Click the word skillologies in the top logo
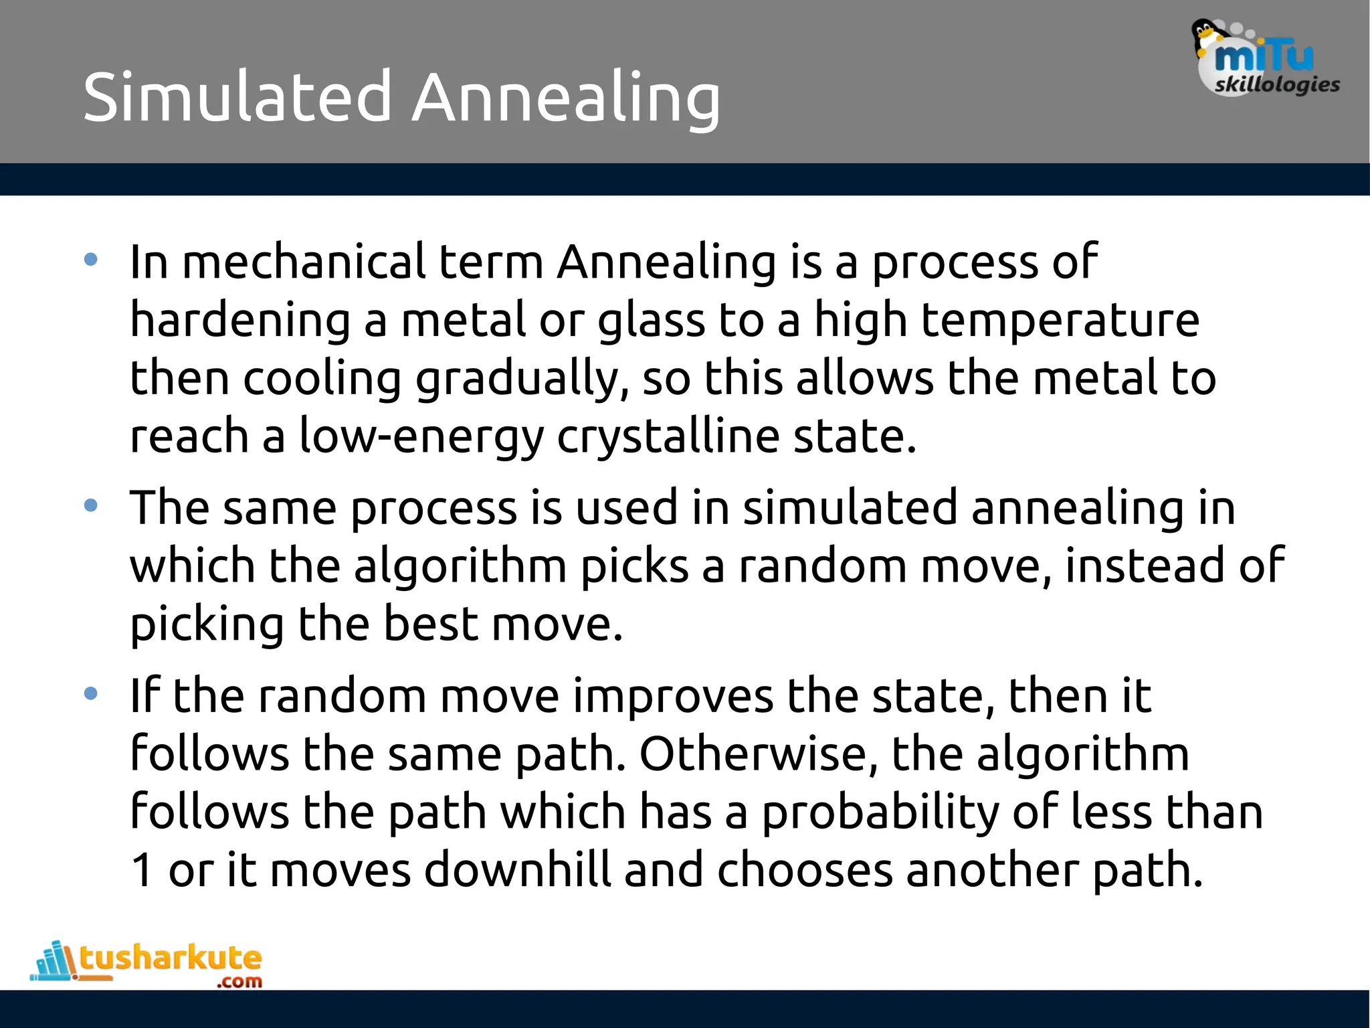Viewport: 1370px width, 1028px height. [x=1277, y=85]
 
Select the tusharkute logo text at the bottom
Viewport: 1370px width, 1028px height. [x=171, y=958]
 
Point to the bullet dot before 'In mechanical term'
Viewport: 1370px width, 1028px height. [x=91, y=260]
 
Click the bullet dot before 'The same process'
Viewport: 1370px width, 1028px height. [x=91, y=505]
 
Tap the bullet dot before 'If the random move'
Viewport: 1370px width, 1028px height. [x=91, y=693]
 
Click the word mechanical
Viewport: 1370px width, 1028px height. [x=304, y=262]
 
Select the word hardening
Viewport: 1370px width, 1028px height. [x=240, y=320]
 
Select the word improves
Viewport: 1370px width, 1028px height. [x=673, y=696]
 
